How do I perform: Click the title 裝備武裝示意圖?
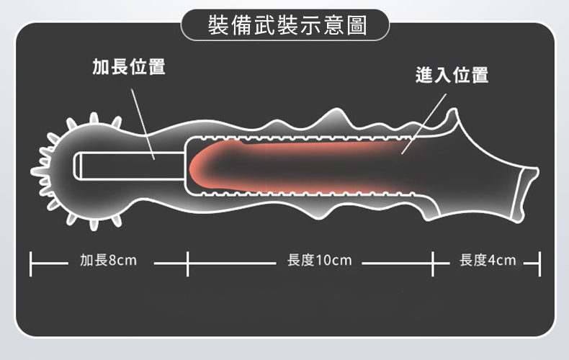click(285, 26)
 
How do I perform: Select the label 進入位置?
click(452, 75)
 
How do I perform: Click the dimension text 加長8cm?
click(108, 260)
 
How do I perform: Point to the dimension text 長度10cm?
click(319, 260)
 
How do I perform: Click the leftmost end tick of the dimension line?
click(31, 264)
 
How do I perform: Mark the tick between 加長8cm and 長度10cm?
click(187, 264)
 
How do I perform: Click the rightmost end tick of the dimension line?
click(539, 264)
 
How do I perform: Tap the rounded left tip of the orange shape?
click(195, 168)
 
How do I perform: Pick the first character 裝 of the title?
click(216, 26)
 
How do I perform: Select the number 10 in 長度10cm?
click(324, 260)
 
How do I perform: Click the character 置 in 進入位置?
click(479, 75)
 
